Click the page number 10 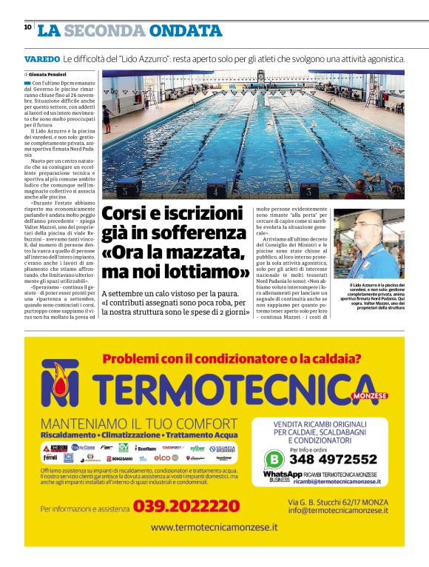pyautogui.click(x=27, y=27)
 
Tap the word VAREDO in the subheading pyautogui.click(x=41, y=58)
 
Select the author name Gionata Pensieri pyautogui.click(x=48, y=76)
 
